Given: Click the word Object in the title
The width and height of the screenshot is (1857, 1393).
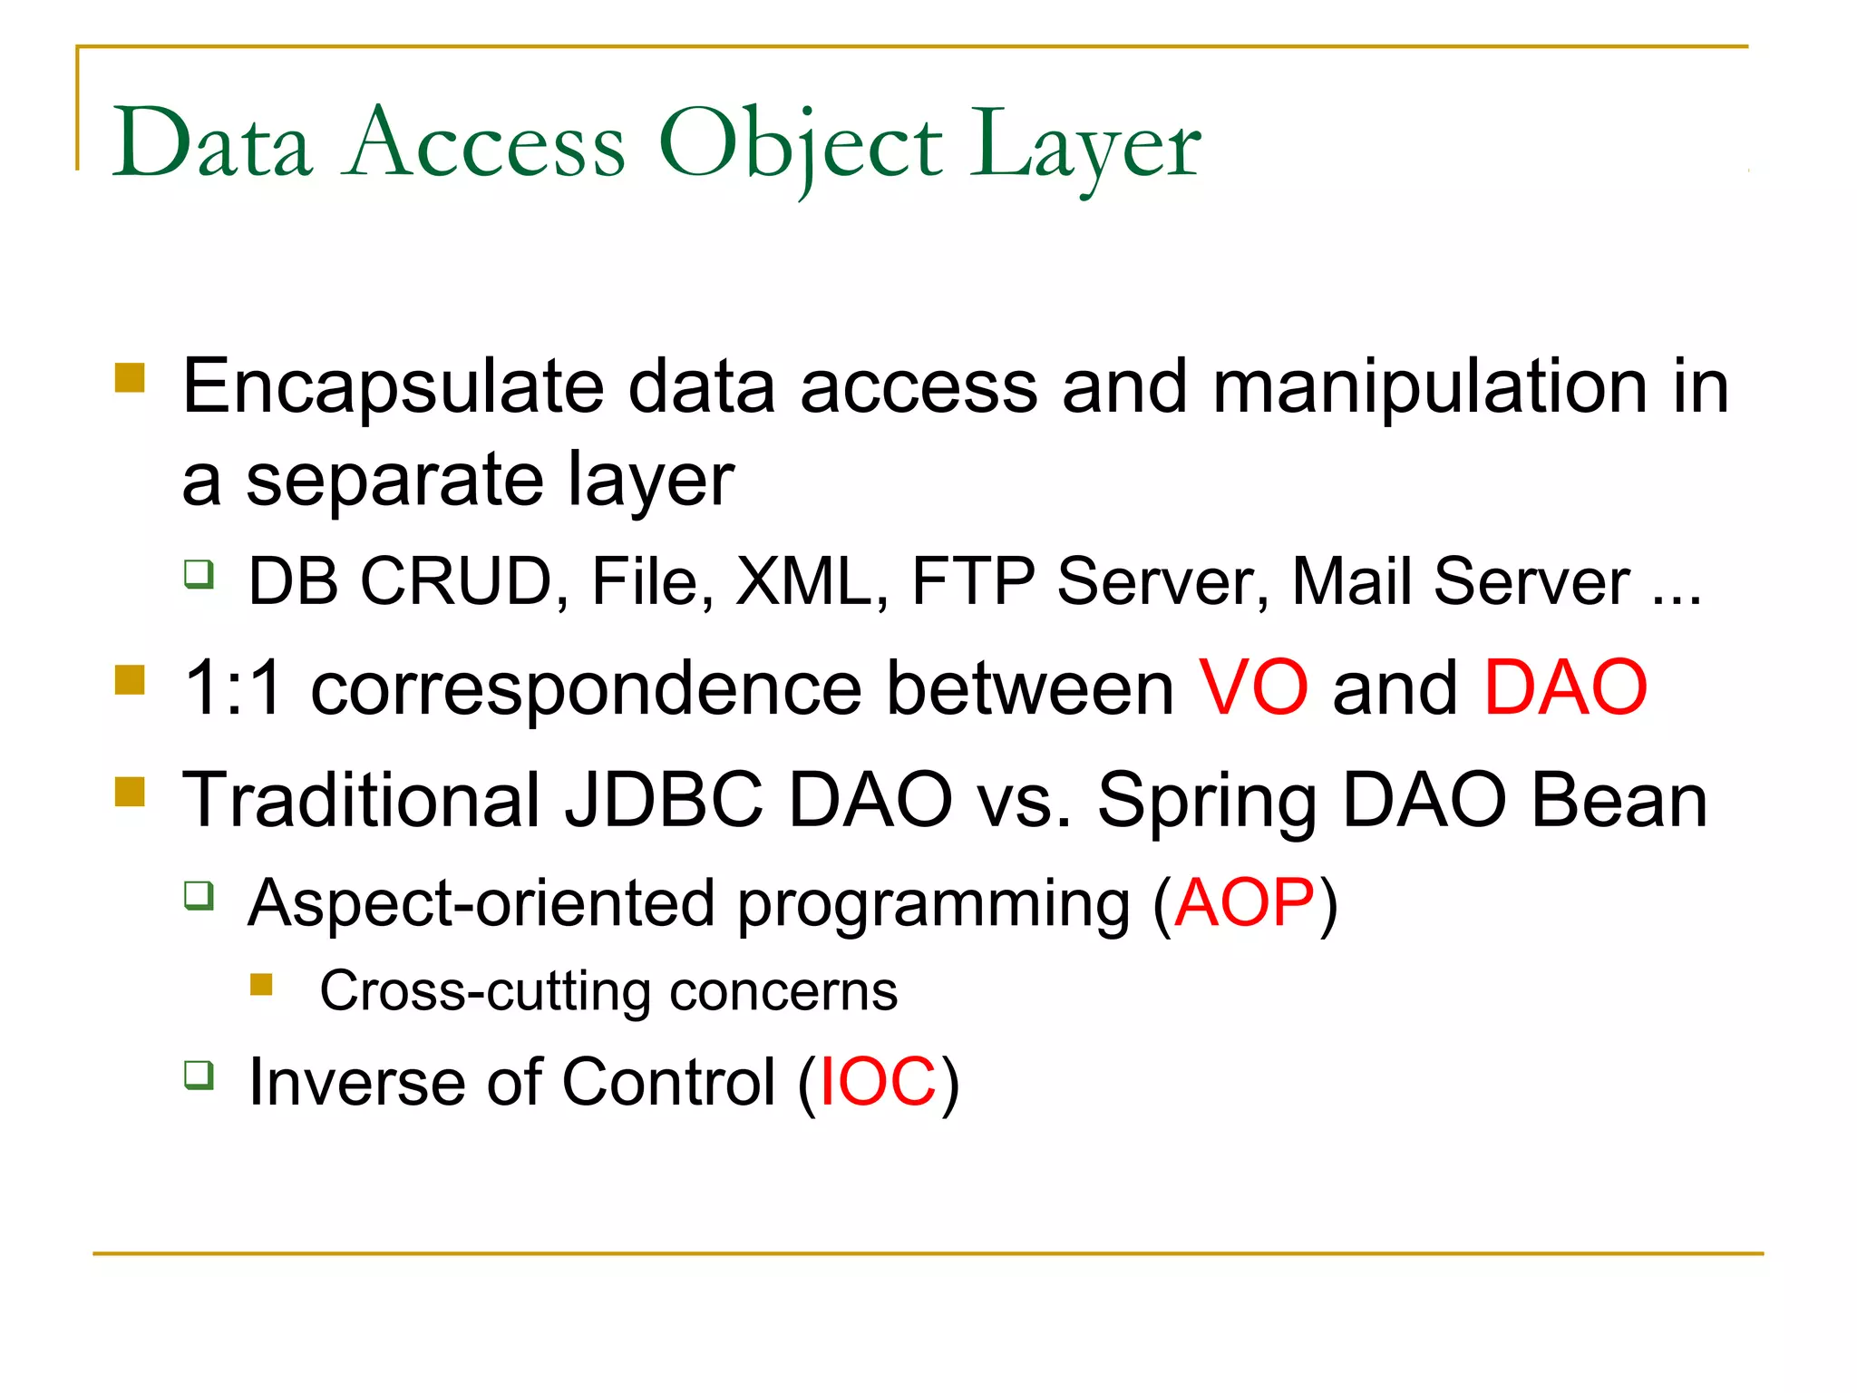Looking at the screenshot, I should (800, 145).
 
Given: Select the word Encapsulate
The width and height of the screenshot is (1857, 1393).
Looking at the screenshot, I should (393, 388).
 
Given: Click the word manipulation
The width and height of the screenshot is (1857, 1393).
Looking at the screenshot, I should (1429, 388).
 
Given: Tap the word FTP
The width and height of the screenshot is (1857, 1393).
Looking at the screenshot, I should (972, 581).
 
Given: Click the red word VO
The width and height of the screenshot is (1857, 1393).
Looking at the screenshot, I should (1253, 688).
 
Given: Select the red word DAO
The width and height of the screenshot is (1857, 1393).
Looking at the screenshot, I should (1564, 688).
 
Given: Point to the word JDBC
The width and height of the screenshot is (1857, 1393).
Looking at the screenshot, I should (664, 800).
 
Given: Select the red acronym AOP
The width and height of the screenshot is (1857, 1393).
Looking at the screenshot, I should (1243, 903).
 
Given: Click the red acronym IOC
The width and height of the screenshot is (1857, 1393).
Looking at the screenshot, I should (877, 1083).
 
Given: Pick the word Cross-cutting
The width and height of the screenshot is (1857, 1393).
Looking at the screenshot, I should (484, 991).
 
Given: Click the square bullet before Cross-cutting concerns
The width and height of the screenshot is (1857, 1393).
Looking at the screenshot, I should (261, 985).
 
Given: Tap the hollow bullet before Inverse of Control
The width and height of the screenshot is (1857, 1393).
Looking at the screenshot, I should (199, 1076).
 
